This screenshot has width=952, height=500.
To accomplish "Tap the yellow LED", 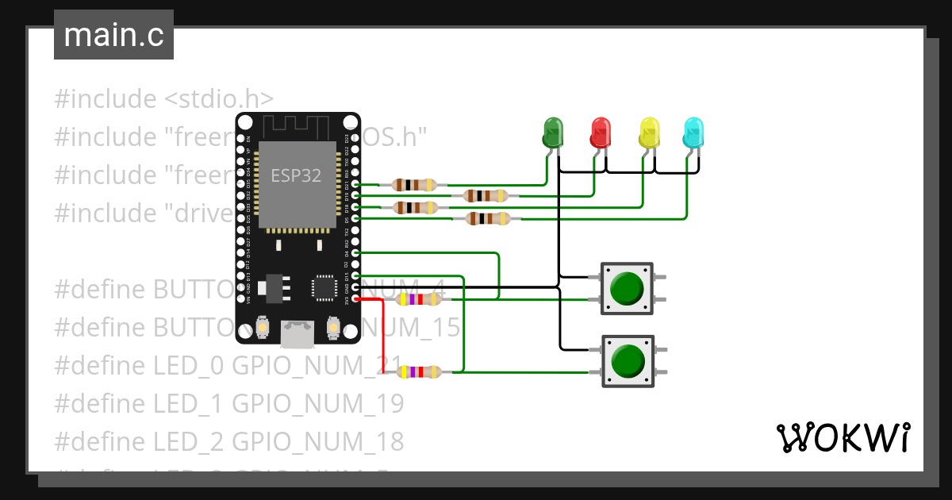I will click(649, 133).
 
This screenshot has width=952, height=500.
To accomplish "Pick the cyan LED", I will click(693, 133).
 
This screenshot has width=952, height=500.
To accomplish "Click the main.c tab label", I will click(113, 36).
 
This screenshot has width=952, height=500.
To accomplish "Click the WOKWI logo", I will click(843, 437).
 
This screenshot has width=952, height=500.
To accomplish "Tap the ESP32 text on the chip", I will click(296, 175).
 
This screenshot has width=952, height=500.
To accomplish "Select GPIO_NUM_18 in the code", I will click(317, 440).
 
